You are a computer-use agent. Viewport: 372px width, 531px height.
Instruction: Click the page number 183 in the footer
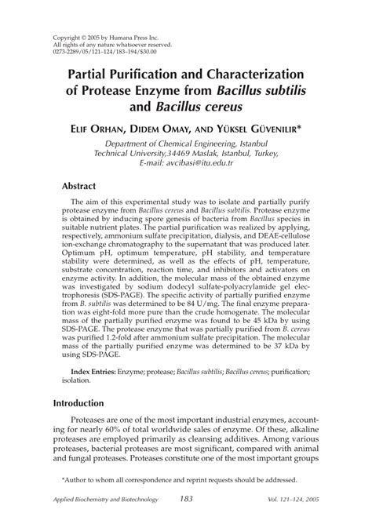tap(186, 499)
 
